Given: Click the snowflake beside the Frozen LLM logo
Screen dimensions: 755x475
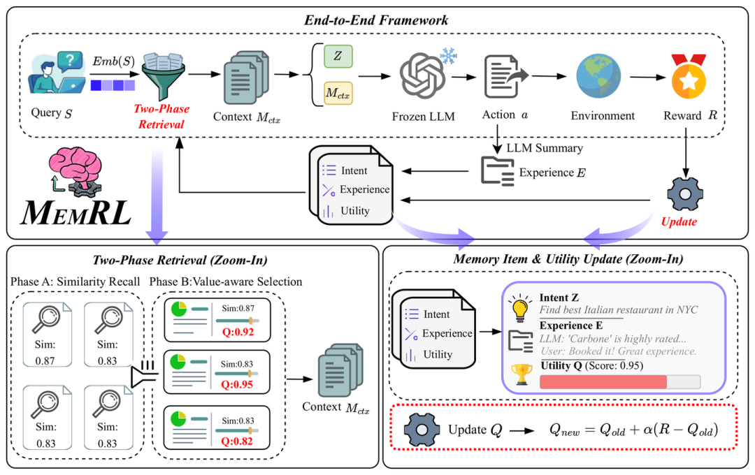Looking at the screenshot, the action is coord(449,55).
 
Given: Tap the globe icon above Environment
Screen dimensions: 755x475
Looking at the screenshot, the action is coord(598,77).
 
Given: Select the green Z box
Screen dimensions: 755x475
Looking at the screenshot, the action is coord(338,57).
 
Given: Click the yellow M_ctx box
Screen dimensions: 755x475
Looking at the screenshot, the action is coord(338,93).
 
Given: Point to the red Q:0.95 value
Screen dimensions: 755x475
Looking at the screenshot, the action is coord(237,384).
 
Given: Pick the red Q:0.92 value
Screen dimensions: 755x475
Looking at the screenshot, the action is coord(238,332).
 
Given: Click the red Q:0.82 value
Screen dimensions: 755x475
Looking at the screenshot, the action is coord(237,441).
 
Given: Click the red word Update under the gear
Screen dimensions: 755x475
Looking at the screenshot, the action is coord(679,222).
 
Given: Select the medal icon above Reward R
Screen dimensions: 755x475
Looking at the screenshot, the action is coord(689,77).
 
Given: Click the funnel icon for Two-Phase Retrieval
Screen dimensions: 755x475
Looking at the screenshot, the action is coord(164,76).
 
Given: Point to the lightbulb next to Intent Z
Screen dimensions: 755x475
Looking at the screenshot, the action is coord(520,308).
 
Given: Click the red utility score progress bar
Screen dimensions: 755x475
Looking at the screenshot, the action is coord(603,382).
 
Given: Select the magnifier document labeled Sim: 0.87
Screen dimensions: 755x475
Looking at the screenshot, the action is coord(48,334).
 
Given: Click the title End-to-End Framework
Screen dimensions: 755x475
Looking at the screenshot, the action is coord(376,20).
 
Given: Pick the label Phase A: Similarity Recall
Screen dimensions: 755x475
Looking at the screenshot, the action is coord(75,282).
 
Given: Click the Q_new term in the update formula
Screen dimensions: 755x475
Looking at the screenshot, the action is coord(564,430).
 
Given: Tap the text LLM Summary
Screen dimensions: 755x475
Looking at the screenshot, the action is coord(545,148).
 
